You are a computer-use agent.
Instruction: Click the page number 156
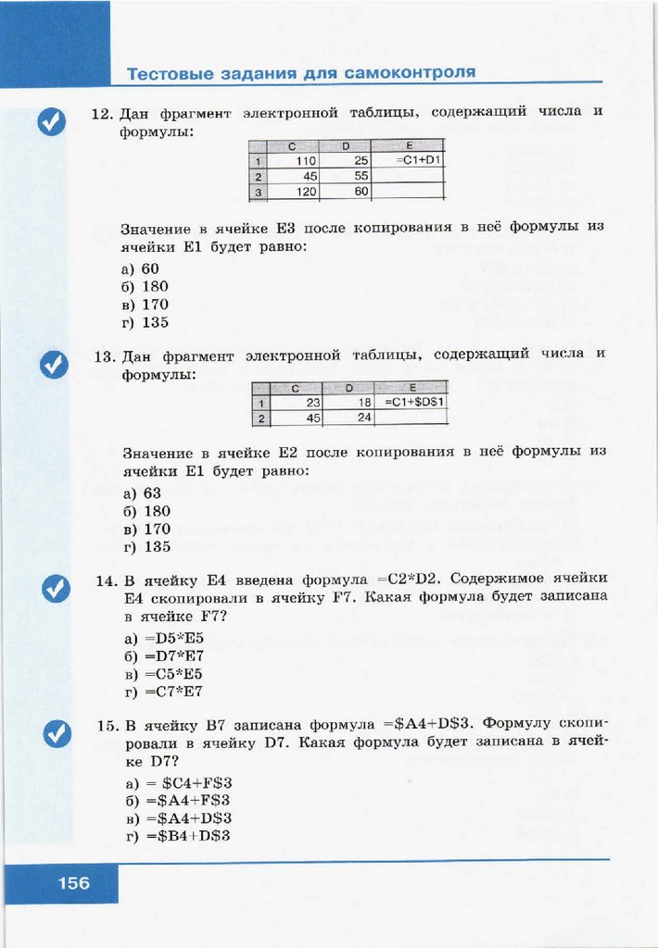[x=74, y=883]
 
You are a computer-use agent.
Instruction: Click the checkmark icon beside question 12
[x=53, y=121]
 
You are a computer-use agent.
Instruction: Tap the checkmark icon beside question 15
[x=57, y=734]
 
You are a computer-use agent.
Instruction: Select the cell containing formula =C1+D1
[x=409, y=160]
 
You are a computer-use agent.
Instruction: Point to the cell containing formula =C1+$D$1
[x=413, y=403]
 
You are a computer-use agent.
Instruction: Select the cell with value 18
[x=347, y=403]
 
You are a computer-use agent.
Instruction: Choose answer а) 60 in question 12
[x=140, y=268]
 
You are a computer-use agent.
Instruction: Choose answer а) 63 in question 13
[x=142, y=493]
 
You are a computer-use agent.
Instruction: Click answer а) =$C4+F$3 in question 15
[x=176, y=782]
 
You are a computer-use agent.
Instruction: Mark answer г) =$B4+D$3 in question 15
[x=176, y=836]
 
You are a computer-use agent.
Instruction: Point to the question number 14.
[x=105, y=580]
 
